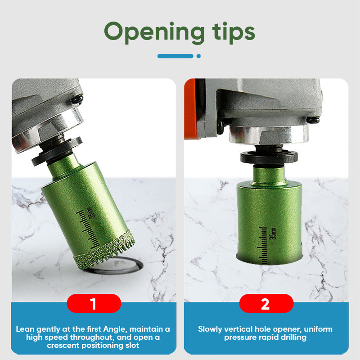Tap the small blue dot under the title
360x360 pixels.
coord(199,56)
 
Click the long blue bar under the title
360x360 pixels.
coord(175,56)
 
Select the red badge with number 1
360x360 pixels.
coord(94,303)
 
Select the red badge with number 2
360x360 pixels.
coord(266,303)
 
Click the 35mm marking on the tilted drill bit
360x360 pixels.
coord(90,212)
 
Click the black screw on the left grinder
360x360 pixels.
coord(77,99)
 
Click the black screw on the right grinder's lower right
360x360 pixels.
coord(313,120)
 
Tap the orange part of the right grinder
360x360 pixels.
coord(189,109)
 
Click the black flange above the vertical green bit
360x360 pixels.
coord(269,157)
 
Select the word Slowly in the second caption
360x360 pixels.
coord(210,329)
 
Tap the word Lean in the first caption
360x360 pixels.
coord(25,329)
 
